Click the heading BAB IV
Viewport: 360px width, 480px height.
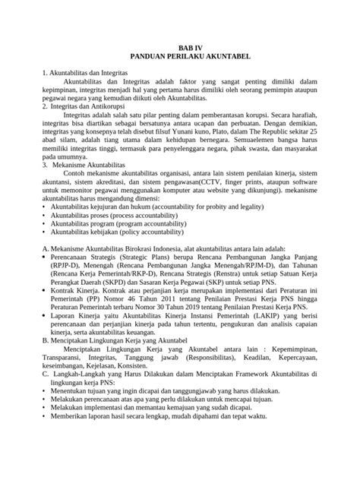(x=180, y=45)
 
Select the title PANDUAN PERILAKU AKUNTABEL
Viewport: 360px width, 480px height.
(x=180, y=55)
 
